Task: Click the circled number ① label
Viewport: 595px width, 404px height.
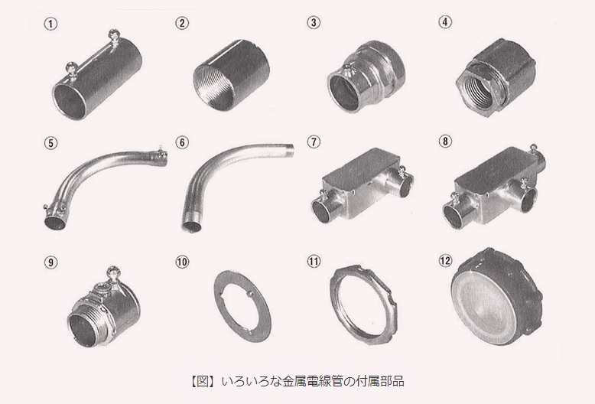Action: pyautogui.click(x=50, y=24)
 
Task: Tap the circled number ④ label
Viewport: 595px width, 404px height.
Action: pyautogui.click(x=446, y=21)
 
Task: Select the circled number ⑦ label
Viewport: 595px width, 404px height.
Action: pyautogui.click(x=314, y=142)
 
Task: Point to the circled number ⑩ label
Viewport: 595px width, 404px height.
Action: pyautogui.click(x=182, y=262)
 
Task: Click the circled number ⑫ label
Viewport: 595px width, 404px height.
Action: pyautogui.click(x=446, y=260)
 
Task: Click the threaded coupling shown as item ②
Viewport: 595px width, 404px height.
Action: pyautogui.click(x=232, y=80)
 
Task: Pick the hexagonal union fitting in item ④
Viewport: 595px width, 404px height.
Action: pyautogui.click(x=496, y=73)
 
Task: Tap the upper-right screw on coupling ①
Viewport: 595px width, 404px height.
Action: pyautogui.click(x=114, y=35)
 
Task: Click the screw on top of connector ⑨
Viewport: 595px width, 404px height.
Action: pyautogui.click(x=112, y=272)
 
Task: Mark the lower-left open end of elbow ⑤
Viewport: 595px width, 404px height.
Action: pyautogui.click(x=54, y=221)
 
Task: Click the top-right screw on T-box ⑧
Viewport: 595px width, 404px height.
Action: pyautogui.click(x=534, y=148)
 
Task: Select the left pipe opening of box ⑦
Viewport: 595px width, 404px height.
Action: pyautogui.click(x=321, y=212)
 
